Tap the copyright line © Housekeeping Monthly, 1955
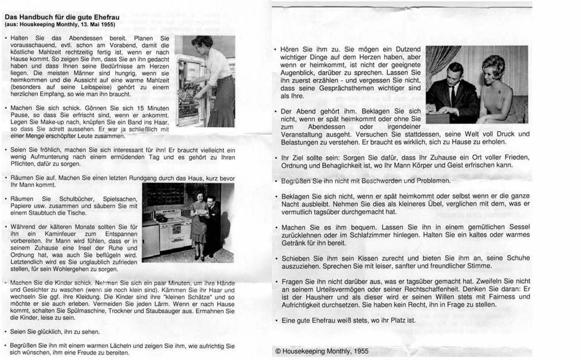coord(322,351)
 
